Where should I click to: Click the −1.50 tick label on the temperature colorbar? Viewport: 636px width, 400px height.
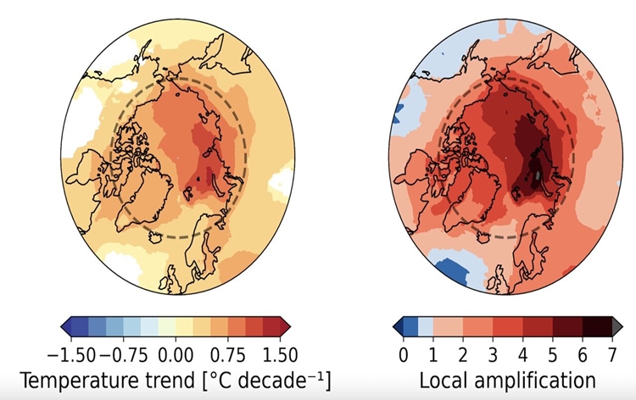(71, 356)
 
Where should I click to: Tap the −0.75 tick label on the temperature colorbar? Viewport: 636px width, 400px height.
(123, 356)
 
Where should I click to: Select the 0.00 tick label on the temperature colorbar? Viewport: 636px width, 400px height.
(176, 356)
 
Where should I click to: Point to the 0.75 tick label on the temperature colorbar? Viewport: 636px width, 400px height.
(228, 356)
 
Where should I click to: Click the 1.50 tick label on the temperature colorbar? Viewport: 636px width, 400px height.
(280, 356)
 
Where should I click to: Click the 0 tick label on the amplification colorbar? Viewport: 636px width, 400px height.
(403, 355)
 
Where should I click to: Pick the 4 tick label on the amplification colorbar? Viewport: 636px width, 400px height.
(522, 355)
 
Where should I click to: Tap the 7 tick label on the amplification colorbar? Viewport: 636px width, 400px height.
(612, 355)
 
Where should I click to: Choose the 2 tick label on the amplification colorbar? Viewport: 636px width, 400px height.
(463, 355)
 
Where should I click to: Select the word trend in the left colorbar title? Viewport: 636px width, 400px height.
(170, 381)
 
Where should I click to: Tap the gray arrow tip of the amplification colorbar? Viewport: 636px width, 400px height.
(617, 326)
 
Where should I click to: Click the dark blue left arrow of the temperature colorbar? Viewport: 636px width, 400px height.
(66, 326)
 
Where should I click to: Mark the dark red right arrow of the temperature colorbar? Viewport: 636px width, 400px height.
(285, 326)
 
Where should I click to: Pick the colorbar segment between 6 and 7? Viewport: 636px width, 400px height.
(597, 326)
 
